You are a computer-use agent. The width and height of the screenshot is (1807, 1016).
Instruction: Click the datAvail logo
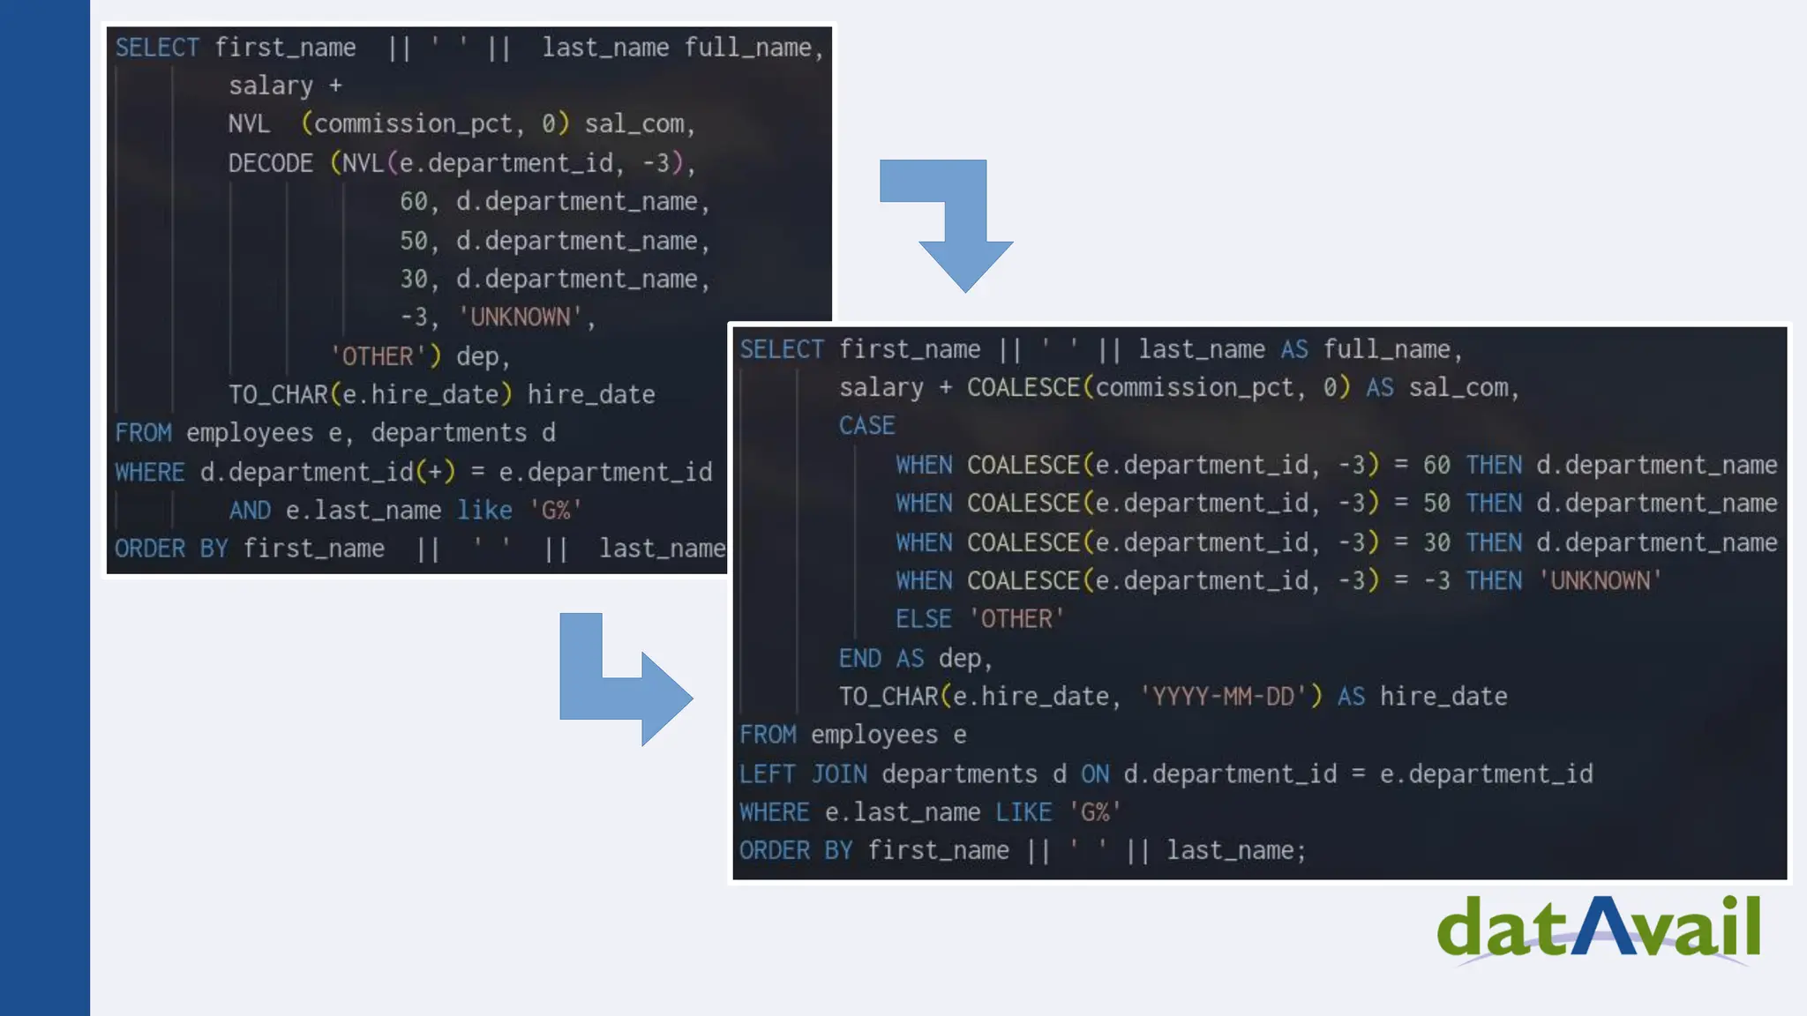(1598, 929)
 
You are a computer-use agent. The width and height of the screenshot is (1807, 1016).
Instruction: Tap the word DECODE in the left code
(270, 163)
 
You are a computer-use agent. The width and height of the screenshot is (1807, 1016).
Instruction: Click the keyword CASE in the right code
(866, 426)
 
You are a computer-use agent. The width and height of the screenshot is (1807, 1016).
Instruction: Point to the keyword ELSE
(923, 619)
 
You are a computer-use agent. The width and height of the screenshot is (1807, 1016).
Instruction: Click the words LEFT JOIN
(803, 774)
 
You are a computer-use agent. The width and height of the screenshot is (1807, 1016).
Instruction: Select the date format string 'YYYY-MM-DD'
(1223, 697)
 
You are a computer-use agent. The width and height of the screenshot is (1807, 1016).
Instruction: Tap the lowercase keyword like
(484, 511)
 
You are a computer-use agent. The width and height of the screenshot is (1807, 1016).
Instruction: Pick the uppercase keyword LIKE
(1023, 812)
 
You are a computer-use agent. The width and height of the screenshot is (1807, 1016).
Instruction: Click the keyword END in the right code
(859, 658)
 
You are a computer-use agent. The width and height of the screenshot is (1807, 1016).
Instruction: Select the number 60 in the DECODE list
(413, 202)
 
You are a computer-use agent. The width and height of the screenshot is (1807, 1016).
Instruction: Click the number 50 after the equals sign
(1436, 504)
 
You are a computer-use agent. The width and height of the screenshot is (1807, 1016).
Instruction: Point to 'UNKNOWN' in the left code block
(521, 317)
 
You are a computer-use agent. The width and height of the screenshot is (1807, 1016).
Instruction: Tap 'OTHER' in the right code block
(1016, 619)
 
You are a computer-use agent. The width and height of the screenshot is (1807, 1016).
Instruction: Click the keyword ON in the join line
(1095, 774)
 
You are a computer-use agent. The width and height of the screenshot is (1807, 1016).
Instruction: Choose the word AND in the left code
(250, 511)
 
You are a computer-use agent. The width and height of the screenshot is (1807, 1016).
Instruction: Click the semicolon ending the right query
(1301, 851)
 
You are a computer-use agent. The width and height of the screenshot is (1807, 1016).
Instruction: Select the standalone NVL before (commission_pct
(249, 124)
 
